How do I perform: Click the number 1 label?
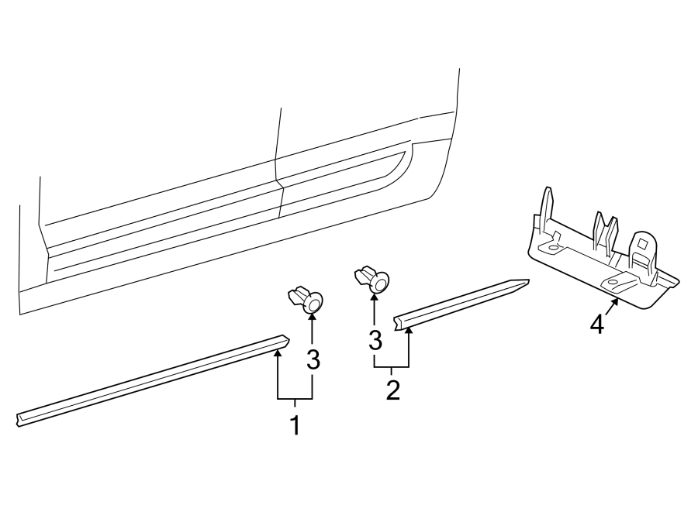click(x=295, y=424)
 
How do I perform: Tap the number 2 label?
click(x=392, y=389)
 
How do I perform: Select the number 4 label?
click(x=596, y=325)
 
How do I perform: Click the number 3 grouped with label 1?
click(x=313, y=359)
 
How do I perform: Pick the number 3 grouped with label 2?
click(x=375, y=339)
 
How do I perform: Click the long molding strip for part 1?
click(x=147, y=380)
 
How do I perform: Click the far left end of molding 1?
click(x=19, y=418)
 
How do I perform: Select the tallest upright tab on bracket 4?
click(x=547, y=205)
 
